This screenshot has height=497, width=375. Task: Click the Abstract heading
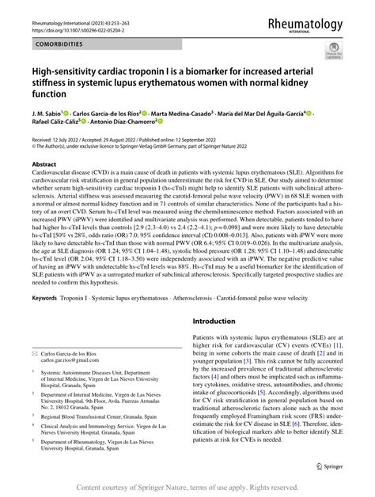pyautogui.click(x=40, y=166)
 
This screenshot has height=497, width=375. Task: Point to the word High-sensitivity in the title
pyautogui.click(x=58, y=78)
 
